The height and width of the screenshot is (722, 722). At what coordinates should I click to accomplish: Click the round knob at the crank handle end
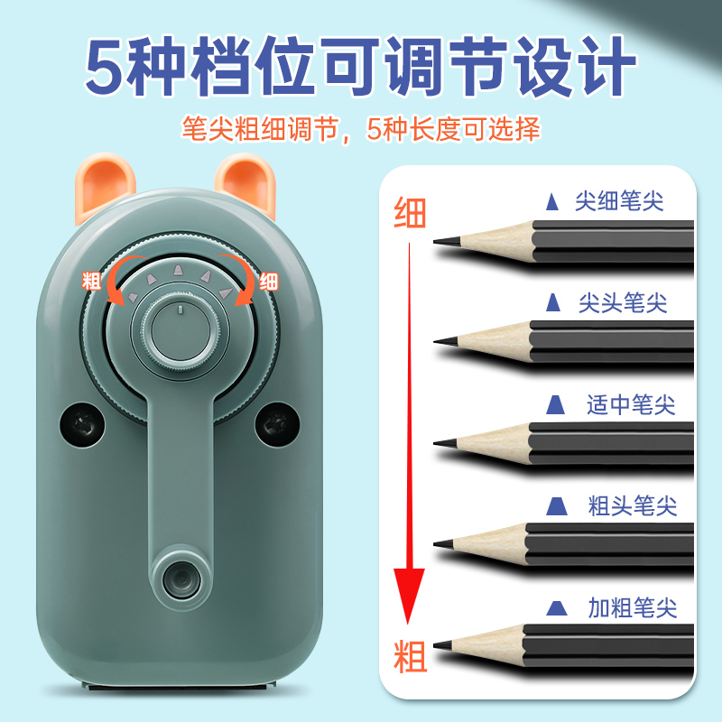tap(180, 574)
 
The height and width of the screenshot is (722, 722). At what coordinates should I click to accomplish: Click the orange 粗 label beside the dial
tap(92, 279)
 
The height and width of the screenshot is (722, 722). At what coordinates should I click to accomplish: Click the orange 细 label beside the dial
tap(269, 280)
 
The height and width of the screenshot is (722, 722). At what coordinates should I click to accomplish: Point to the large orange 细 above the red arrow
tap(410, 214)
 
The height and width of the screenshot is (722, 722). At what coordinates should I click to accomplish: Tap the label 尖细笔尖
tap(619, 200)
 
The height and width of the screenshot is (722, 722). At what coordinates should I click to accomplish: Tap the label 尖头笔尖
tap(622, 302)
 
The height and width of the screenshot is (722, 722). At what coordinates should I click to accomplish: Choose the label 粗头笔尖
tap(632, 505)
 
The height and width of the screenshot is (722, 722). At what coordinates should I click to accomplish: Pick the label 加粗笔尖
tap(632, 606)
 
